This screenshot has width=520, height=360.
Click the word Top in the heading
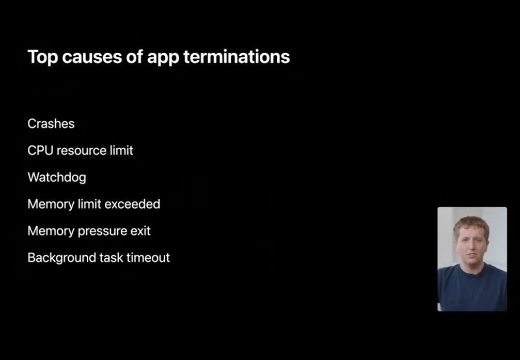(x=42, y=57)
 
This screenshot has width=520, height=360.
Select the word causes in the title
(x=91, y=57)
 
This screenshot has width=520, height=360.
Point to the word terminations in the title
(x=237, y=57)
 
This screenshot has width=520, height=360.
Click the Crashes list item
(x=51, y=124)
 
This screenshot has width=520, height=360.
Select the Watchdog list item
(x=57, y=178)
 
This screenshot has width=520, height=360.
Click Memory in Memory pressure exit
(x=51, y=231)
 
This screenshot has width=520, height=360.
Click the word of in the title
(x=134, y=57)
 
